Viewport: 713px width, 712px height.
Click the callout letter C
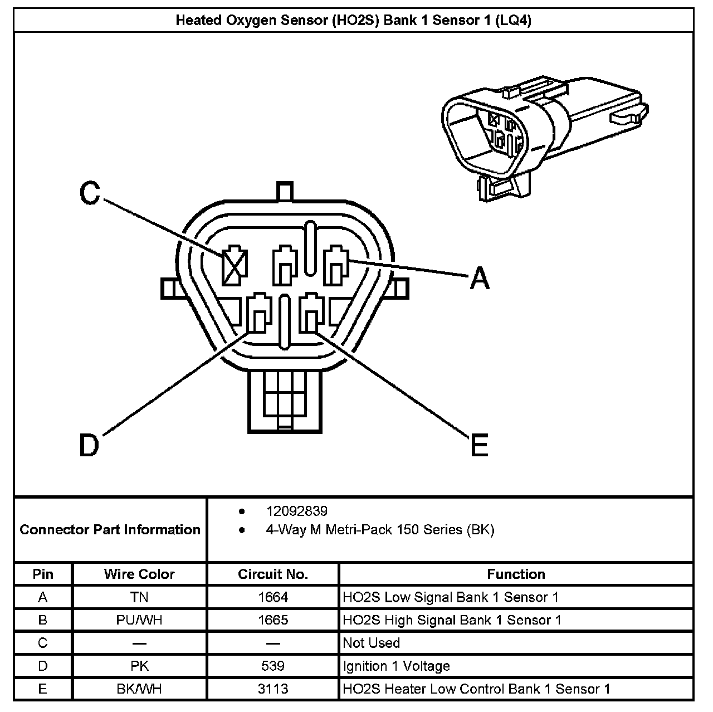coord(89,193)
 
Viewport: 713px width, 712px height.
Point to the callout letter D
coord(89,445)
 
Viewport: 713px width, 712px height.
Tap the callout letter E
coord(479,445)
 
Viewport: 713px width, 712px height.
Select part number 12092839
coord(296,511)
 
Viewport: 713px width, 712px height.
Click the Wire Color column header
coord(139,574)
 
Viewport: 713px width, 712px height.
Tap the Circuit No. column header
coord(273,574)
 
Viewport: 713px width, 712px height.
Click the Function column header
coord(516,574)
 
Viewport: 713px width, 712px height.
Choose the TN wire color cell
coord(139,597)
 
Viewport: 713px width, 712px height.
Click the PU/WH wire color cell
coord(139,620)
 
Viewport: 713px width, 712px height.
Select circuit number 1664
coord(273,597)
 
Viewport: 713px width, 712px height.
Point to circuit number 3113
coord(273,689)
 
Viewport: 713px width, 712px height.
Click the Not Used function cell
coord(372,643)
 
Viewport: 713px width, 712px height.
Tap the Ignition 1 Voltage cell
coord(396,666)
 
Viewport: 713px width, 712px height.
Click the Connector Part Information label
coord(110,529)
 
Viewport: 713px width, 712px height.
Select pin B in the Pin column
coord(43,620)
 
